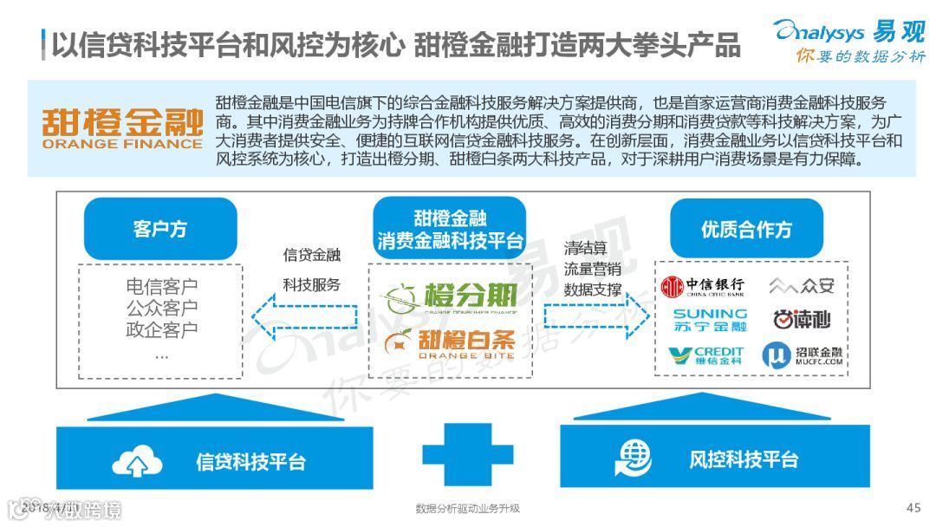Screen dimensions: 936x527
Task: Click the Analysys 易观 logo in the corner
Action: (848, 40)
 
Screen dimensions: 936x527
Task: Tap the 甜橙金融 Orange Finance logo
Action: (121, 128)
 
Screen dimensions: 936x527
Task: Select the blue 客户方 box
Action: (160, 229)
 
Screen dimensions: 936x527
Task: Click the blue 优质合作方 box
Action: (746, 229)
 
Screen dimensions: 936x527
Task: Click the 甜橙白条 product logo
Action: (451, 341)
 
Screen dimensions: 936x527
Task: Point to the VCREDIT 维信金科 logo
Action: (705, 355)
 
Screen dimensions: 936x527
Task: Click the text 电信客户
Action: (161, 287)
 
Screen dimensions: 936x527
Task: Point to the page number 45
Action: (913, 508)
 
